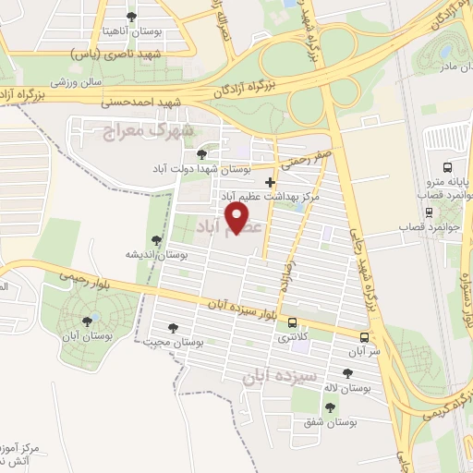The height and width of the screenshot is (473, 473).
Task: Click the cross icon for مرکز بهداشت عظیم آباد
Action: click(270, 183)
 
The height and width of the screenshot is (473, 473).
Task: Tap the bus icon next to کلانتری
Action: click(293, 323)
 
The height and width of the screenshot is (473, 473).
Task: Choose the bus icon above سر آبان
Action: click(364, 336)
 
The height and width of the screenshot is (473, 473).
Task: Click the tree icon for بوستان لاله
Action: click(347, 373)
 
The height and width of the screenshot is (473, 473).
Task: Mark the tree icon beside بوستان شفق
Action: click(330, 406)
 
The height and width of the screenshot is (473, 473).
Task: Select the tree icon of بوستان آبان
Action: click(87, 321)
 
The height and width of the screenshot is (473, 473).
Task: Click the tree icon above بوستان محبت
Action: click(172, 327)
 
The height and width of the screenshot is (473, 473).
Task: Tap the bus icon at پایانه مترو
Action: click(447, 168)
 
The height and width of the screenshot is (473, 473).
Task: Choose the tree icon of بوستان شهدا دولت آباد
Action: click(202, 154)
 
